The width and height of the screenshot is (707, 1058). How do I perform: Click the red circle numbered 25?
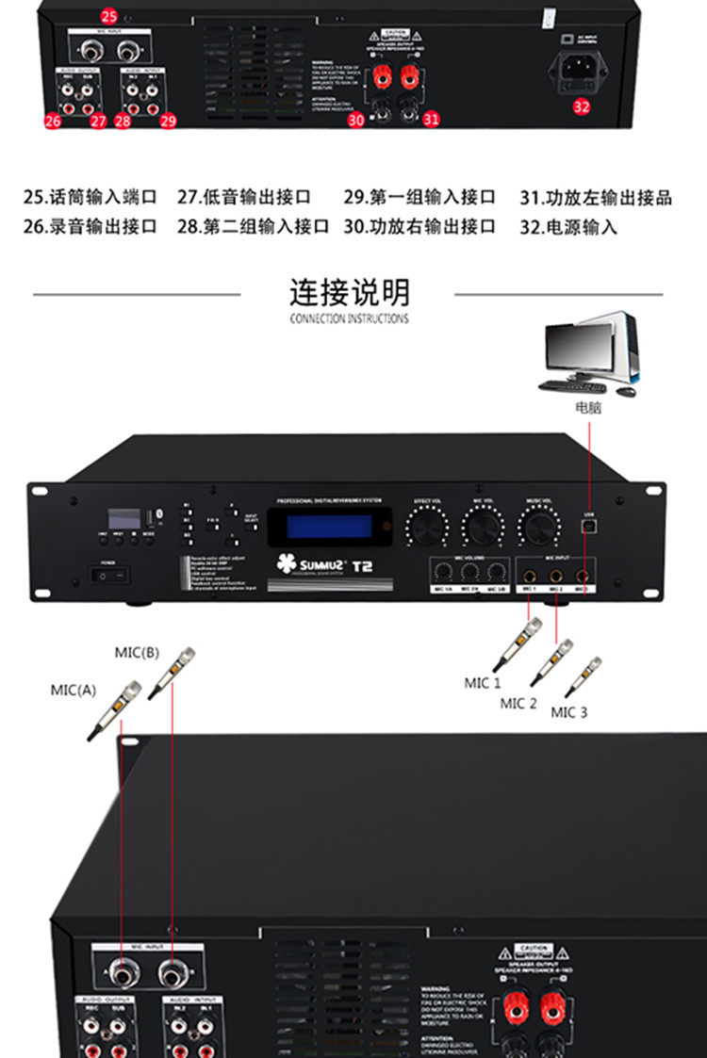click(109, 16)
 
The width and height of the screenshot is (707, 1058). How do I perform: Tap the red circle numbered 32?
click(582, 106)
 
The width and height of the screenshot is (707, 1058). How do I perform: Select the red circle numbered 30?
click(355, 120)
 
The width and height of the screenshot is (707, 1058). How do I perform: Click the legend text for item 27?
click(244, 198)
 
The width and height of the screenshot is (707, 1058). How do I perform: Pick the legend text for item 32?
click(568, 227)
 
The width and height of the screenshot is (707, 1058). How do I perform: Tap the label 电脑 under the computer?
click(588, 408)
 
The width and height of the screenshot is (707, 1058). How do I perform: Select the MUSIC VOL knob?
click(539, 526)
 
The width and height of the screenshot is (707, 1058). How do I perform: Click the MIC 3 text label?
click(569, 712)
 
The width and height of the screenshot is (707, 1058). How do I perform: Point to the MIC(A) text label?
click(74, 690)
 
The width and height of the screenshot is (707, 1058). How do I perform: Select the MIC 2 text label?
click(518, 703)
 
